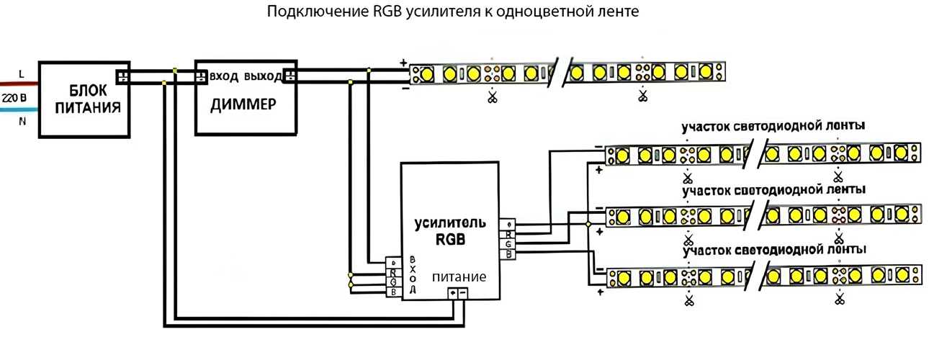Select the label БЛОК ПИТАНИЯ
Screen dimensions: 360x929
click(x=85, y=99)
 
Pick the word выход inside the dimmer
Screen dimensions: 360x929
click(x=263, y=76)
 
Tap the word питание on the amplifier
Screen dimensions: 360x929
click(x=459, y=276)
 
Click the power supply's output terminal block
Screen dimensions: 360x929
click(x=123, y=76)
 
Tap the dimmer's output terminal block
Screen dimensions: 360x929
click(x=290, y=76)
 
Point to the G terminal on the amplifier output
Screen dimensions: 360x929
click(x=508, y=243)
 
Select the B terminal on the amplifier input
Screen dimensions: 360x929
click(x=393, y=292)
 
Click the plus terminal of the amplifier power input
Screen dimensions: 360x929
click(x=452, y=293)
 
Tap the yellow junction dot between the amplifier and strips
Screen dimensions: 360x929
click(x=588, y=225)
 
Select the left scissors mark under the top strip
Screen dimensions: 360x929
click(x=493, y=97)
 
